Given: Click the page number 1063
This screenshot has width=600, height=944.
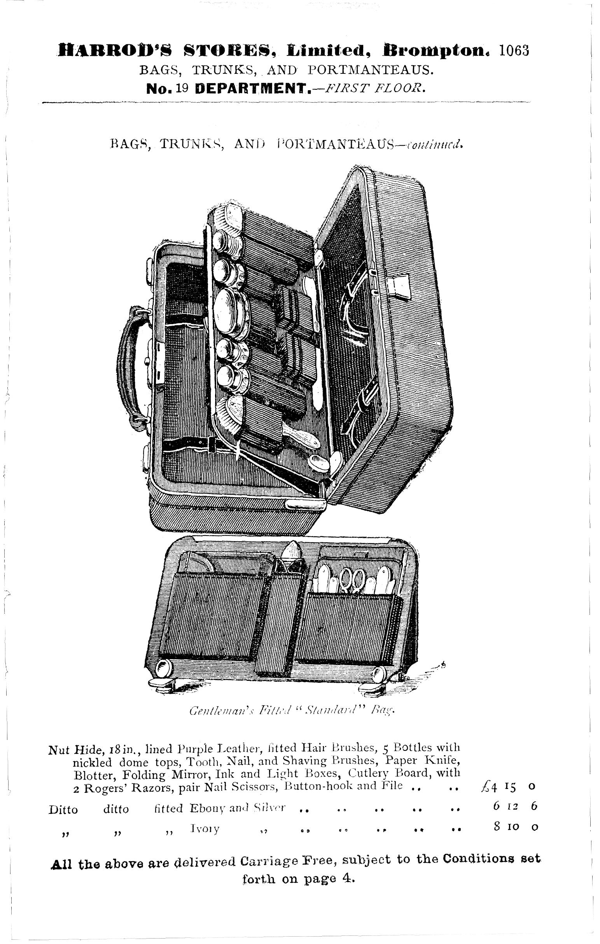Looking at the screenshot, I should click(514, 51).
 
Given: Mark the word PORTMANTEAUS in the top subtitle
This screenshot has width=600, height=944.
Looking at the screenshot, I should click(371, 70).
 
